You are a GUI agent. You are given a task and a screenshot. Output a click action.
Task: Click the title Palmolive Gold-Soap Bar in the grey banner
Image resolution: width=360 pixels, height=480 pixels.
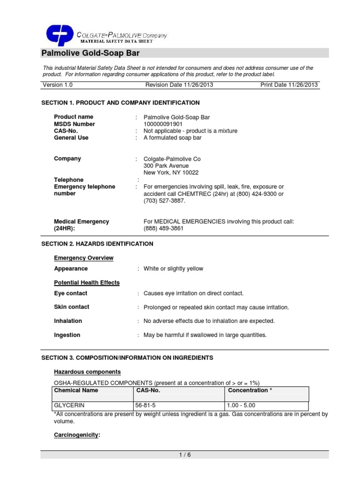[90, 53]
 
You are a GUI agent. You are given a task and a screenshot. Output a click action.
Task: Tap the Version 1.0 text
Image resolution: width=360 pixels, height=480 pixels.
[58, 85]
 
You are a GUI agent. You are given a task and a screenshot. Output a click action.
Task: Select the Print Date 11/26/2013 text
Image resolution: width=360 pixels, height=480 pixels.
[289, 85]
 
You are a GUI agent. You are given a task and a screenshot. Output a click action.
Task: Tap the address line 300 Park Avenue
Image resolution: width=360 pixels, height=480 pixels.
[166, 165]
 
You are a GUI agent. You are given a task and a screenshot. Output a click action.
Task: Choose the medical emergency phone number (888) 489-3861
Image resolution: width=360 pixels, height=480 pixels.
[164, 228]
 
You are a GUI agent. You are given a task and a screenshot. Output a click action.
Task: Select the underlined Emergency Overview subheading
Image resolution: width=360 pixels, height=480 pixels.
[84, 258]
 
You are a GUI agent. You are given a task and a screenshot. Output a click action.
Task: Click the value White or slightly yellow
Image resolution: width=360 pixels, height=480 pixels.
[173, 269]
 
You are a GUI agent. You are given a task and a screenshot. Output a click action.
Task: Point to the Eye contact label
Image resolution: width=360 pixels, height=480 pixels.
[71, 293]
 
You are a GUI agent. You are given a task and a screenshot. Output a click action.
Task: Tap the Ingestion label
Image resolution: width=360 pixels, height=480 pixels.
[67, 335]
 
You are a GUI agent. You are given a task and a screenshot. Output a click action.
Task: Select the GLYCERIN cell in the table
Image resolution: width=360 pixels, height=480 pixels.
[70, 405]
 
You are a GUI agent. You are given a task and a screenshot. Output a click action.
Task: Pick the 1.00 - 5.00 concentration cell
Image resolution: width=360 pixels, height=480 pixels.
[241, 405]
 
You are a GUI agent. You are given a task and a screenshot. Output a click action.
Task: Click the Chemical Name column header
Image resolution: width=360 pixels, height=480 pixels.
[75, 390]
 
